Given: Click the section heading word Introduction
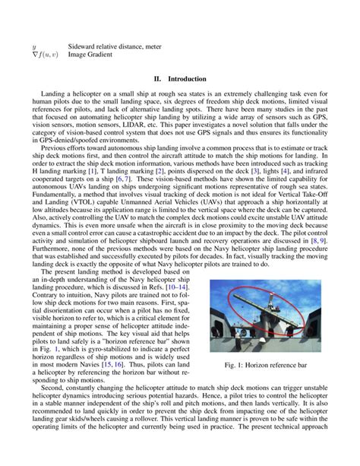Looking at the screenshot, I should [189, 78].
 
